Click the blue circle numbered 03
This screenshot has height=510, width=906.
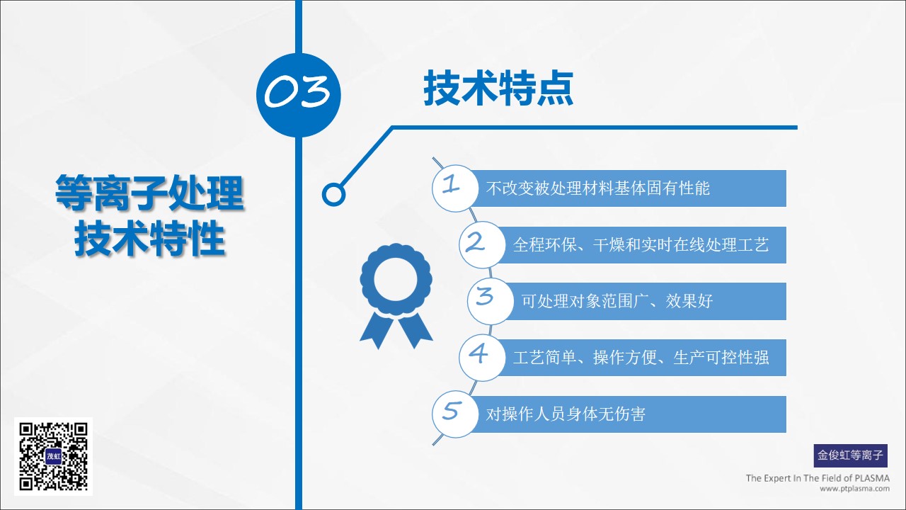click(299, 95)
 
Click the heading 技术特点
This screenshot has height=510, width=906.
click(498, 89)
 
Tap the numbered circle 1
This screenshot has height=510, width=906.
click(455, 188)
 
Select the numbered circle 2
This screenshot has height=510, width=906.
click(482, 244)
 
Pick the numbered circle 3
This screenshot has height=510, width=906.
click(491, 301)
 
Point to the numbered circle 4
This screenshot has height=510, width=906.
click(482, 358)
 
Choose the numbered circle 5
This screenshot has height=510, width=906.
click(455, 414)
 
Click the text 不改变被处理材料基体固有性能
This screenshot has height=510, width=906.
click(598, 188)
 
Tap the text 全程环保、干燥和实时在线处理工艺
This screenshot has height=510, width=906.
click(641, 245)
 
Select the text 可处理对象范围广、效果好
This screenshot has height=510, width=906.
click(617, 301)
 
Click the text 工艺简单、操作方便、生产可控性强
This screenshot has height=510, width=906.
click(641, 358)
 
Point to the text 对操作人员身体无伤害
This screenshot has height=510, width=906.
click(566, 414)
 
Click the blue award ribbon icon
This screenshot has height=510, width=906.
click(396, 296)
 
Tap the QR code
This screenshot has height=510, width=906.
click(53, 457)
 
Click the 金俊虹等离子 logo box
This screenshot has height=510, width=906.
click(851, 455)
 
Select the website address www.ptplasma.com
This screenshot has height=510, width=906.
click(854, 489)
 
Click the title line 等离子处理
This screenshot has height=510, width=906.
click(149, 193)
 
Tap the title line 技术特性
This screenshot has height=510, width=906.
click(149, 239)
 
